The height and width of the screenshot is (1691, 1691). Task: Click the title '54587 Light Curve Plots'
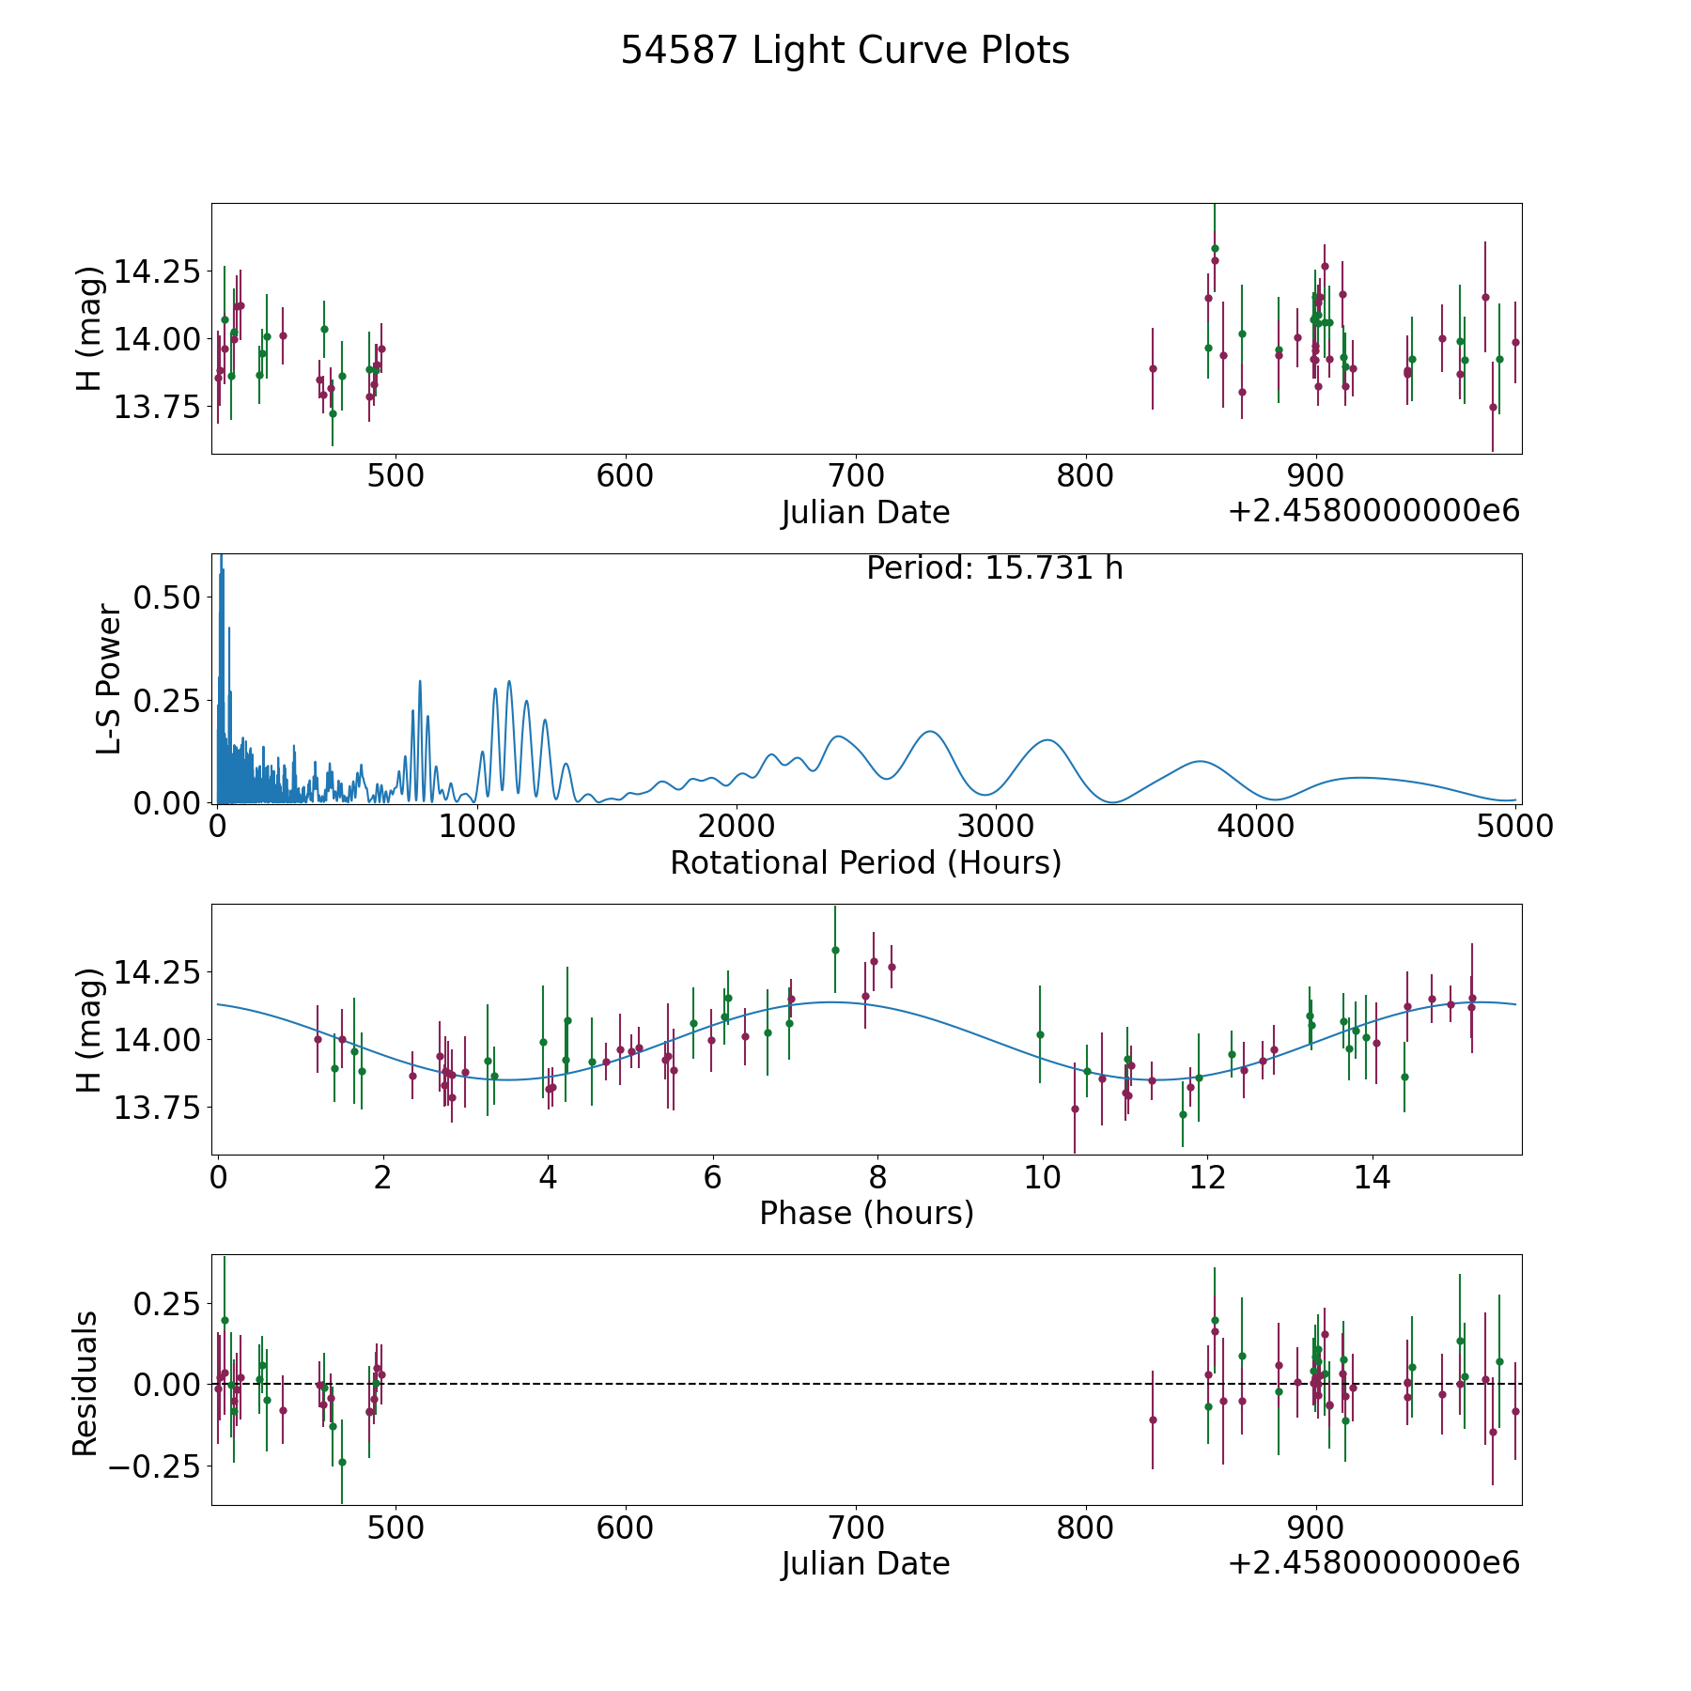pyautogui.click(x=845, y=51)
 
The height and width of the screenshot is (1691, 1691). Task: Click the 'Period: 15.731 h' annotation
pyautogui.click(x=995, y=568)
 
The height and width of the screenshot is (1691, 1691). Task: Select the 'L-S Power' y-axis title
pyautogui.click(x=109, y=679)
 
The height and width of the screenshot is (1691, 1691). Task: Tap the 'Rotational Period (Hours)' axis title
pyautogui.click(x=865, y=862)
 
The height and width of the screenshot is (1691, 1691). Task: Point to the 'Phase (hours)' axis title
pyautogui.click(x=866, y=1213)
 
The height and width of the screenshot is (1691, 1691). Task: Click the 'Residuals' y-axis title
pyautogui.click(x=85, y=1384)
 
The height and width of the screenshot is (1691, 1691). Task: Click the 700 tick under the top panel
pyautogui.click(x=856, y=475)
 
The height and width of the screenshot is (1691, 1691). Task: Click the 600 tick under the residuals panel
pyautogui.click(x=626, y=1528)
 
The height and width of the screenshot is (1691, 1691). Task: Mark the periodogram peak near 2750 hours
pyautogui.click(x=929, y=731)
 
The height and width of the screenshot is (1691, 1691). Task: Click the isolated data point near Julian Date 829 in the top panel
pyautogui.click(x=1153, y=368)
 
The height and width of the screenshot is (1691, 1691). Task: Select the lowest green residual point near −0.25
pyautogui.click(x=342, y=1462)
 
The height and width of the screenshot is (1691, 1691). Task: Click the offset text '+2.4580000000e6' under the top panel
pyautogui.click(x=1374, y=511)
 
